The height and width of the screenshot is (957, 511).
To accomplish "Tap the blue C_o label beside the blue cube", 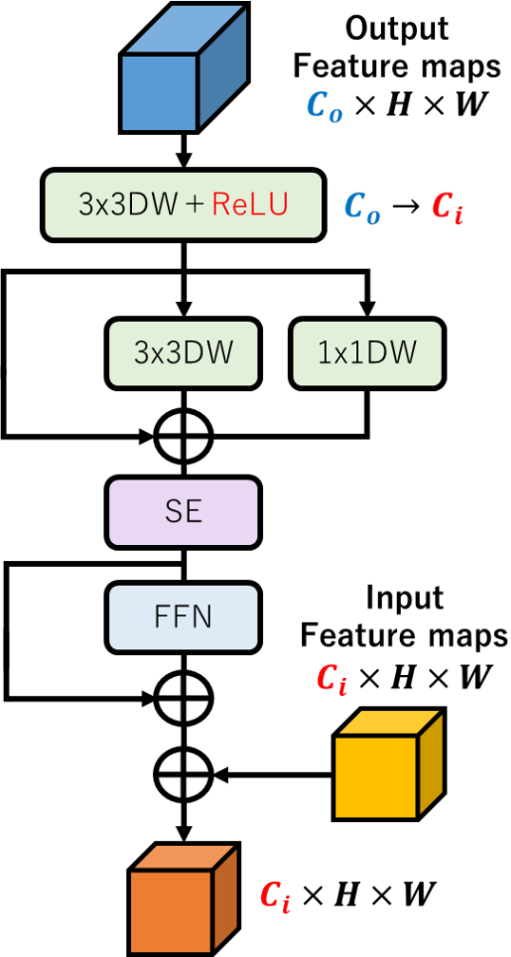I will point(324,106).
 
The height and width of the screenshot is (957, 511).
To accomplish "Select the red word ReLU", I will point(250,205).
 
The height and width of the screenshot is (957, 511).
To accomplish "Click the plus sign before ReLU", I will point(195,205).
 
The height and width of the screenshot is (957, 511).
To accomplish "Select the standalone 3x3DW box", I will point(183,353).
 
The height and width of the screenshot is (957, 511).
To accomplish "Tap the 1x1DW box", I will point(367,353).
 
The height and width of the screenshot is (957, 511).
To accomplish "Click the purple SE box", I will point(183,512).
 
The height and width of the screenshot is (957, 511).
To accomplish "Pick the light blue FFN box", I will point(183,617).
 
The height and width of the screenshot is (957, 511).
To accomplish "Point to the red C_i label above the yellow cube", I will point(331,678).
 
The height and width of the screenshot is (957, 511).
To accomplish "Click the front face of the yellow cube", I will point(376,776).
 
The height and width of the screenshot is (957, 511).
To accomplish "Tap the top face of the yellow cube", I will point(389,722).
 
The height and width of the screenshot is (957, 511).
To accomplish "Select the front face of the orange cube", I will point(171,911).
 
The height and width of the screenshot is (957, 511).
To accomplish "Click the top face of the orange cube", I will point(184,857).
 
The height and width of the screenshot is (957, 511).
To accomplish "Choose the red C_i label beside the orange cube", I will point(275,895).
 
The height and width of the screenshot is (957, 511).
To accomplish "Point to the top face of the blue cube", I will point(185,30).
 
